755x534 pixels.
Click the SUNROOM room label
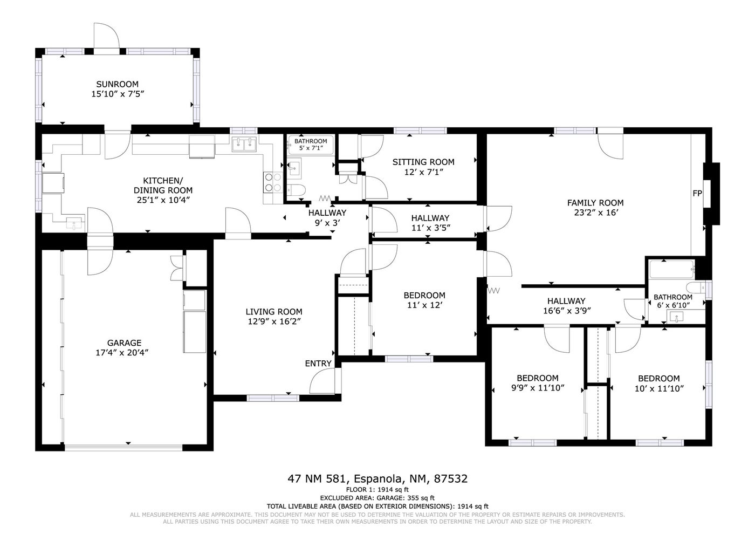pos(118,84)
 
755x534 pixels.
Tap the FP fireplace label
pos(697,194)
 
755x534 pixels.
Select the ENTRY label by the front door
pos(318,364)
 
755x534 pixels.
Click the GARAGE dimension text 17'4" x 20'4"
pos(122,353)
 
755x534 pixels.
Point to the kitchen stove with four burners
pos(273,182)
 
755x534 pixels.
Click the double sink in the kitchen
pos(244,144)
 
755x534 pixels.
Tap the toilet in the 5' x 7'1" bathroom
pos(296,190)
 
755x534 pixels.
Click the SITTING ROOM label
pos(423,162)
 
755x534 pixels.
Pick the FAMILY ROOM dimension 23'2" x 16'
pos(596,213)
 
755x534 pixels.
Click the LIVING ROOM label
pos(274,312)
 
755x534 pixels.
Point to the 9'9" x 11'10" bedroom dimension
pos(538,388)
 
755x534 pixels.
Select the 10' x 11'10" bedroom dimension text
pos(659,388)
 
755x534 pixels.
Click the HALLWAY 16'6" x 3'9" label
pos(566,306)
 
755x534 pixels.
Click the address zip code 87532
pos(451,479)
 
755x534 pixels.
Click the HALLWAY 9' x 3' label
pos(327,218)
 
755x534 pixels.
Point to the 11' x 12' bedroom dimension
pos(424,305)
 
